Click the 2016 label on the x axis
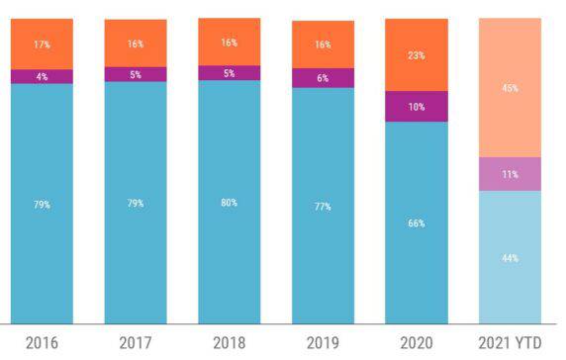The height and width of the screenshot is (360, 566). [41, 343]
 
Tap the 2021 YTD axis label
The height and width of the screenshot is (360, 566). [510, 343]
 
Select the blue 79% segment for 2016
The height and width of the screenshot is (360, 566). [41, 204]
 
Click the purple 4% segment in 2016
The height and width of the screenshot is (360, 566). [41, 76]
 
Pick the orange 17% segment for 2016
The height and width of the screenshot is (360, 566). [41, 44]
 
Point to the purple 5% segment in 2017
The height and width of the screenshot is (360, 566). [135, 74]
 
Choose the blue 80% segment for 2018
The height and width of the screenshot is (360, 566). [229, 202]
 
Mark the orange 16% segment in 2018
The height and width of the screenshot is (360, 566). [229, 42]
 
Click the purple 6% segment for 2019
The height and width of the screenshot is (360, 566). [323, 78]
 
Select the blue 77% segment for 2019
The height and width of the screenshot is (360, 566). [323, 206]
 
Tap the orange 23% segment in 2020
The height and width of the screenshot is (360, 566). [417, 55]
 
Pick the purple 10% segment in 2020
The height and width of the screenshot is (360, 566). [417, 106]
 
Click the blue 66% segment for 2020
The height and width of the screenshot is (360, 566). [417, 223]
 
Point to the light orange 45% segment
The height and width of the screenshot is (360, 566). [510, 88]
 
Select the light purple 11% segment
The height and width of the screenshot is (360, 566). [510, 173]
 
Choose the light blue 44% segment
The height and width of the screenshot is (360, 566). [510, 257]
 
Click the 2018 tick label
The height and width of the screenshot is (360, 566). [229, 343]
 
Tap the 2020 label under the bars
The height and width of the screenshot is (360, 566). [417, 343]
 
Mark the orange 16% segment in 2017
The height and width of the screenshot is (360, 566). [135, 43]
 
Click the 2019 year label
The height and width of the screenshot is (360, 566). [323, 343]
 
